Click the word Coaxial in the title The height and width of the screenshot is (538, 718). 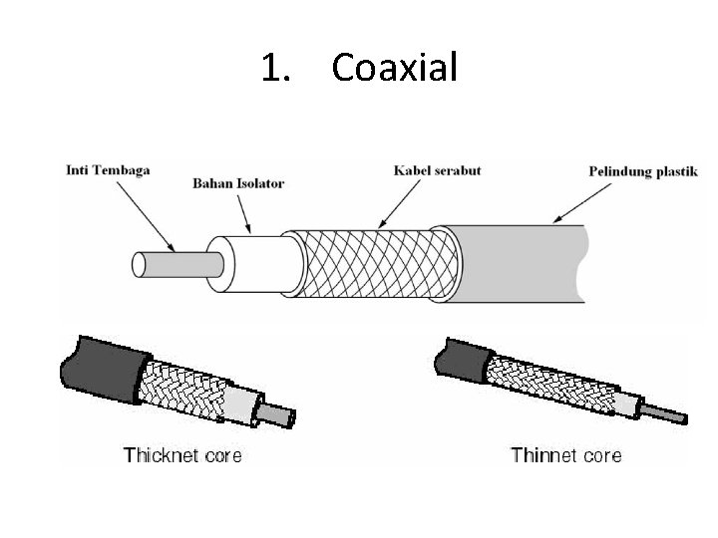pos(394,68)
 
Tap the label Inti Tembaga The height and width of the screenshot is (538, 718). pos(107,169)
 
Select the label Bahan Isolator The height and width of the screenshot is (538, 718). pos(238,183)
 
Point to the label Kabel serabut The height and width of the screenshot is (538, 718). pos(438,170)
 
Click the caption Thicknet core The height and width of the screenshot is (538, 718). pos(182,456)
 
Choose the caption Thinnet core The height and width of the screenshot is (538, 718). pos(565,456)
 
